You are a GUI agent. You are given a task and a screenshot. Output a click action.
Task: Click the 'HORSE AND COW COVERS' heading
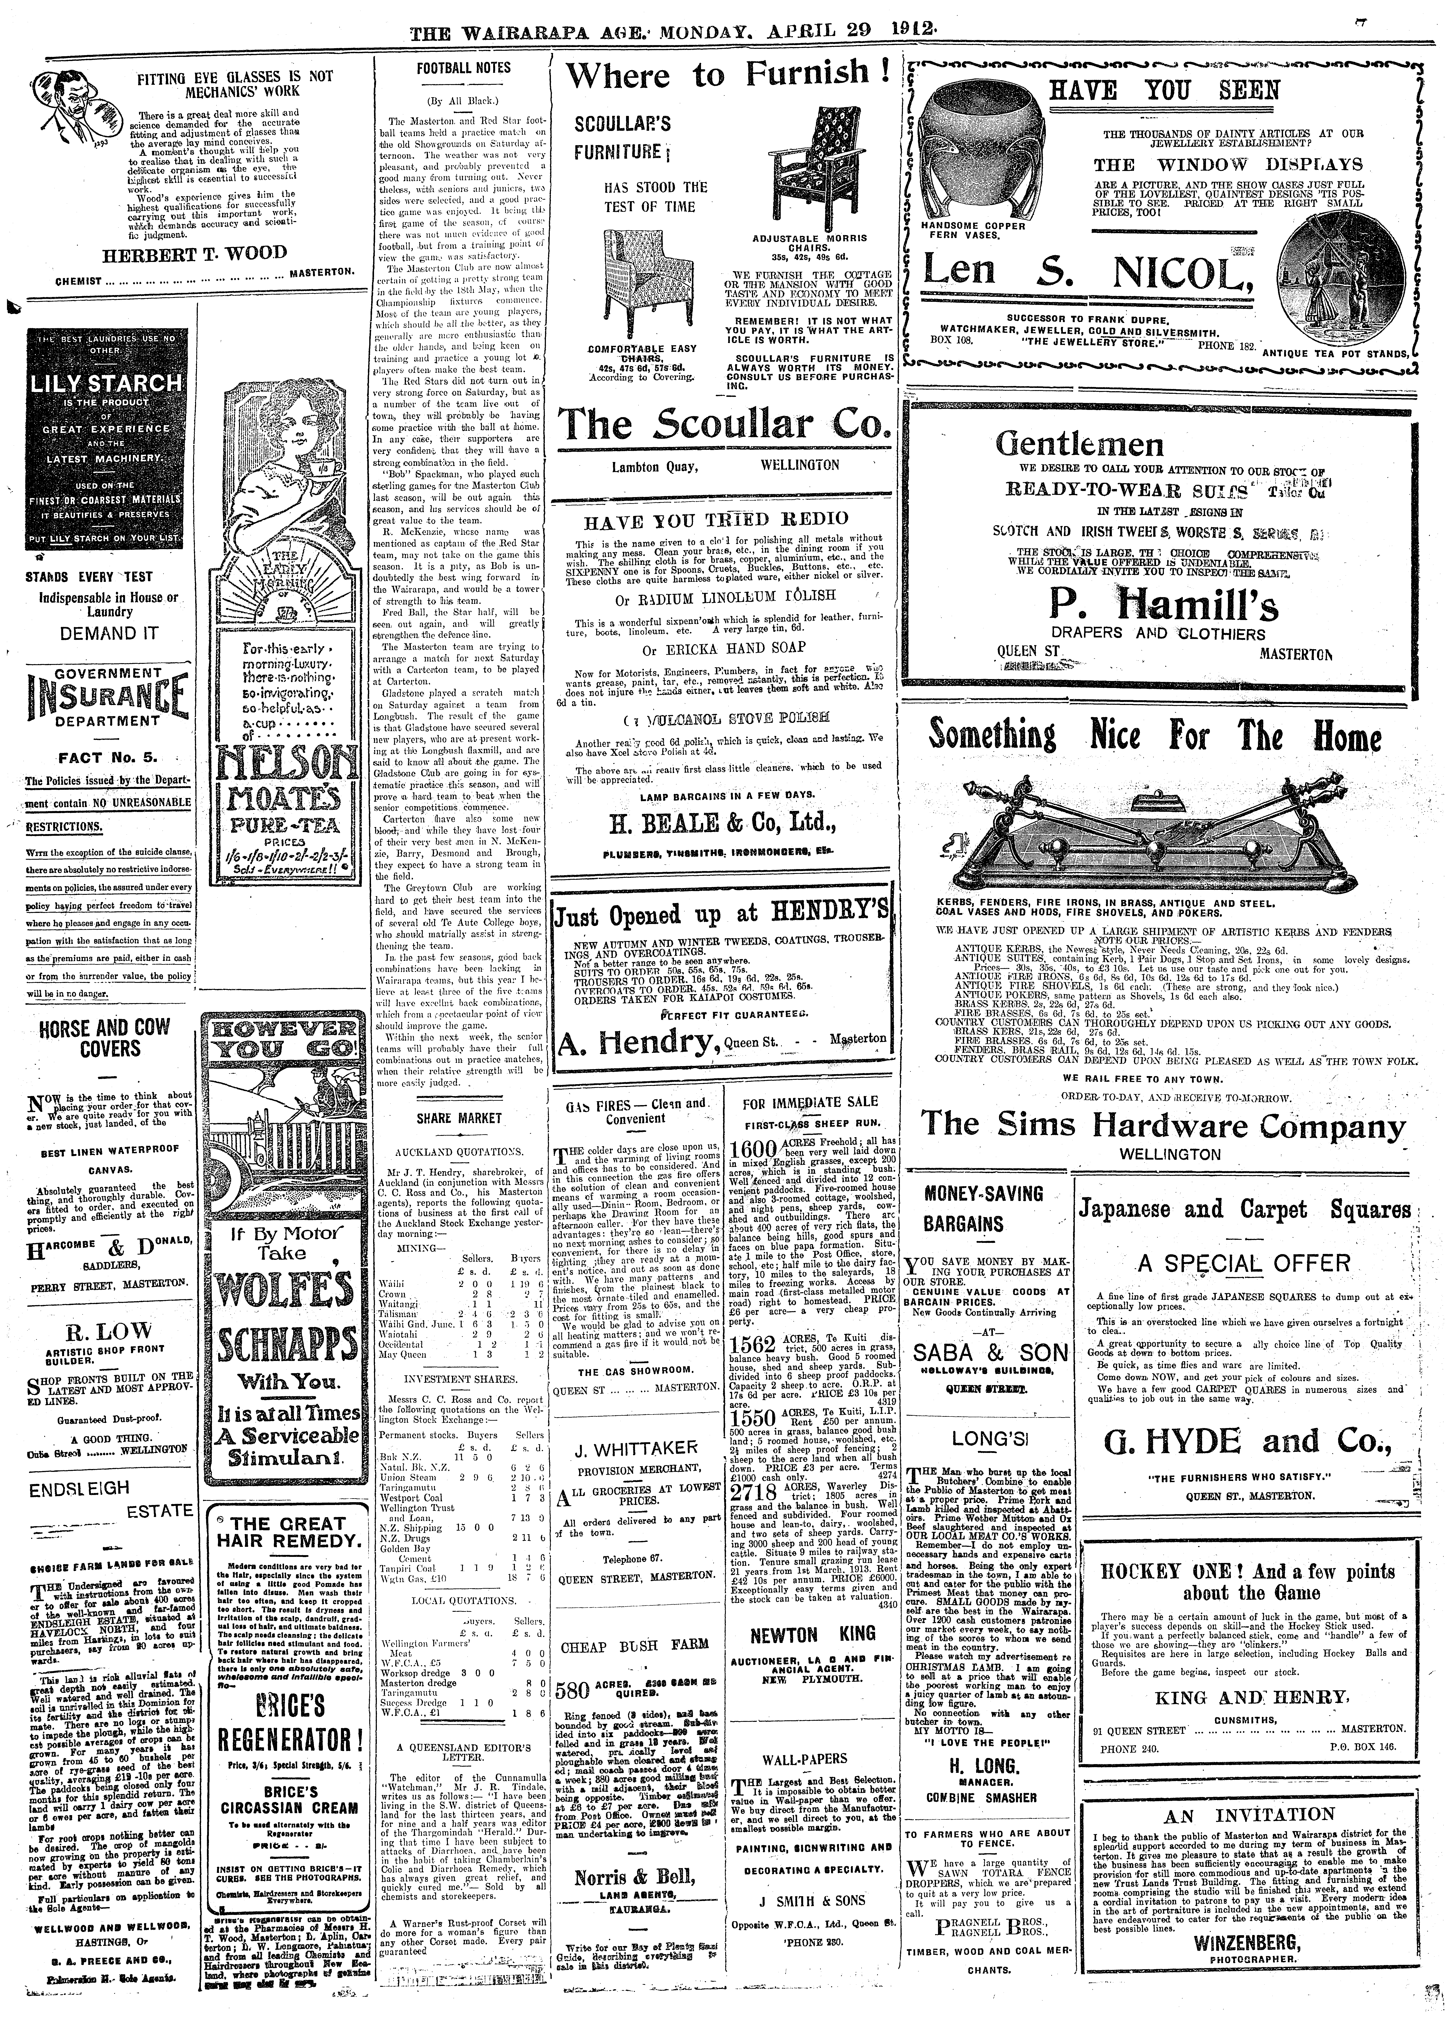(104, 1039)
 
